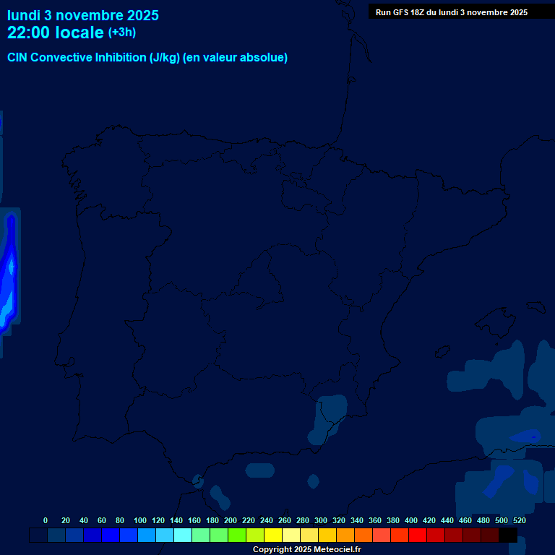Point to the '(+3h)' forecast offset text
point(122,33)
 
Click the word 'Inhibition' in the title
point(120,58)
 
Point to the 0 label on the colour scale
point(46,520)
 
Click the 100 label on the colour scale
point(140,520)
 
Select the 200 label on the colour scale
point(231,520)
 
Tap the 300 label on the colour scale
point(321,520)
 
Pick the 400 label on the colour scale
point(411,520)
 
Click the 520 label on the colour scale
point(520,520)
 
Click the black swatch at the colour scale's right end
point(508,535)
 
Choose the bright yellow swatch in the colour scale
point(273,535)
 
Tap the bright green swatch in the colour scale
point(237,535)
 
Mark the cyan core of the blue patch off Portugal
point(10,269)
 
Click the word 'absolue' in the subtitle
point(263,58)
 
